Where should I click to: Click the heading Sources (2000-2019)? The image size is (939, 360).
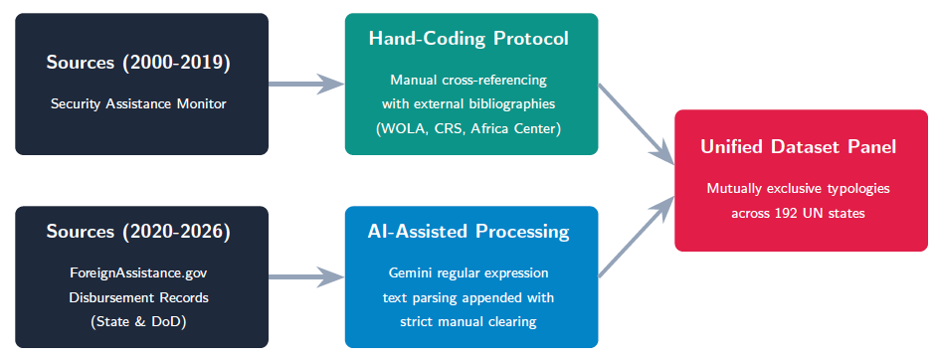(x=138, y=63)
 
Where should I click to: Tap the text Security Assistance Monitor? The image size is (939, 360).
(x=138, y=104)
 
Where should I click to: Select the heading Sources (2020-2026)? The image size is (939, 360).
(x=138, y=232)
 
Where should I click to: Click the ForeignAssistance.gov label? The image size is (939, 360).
(x=138, y=273)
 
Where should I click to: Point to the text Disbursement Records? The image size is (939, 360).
(x=138, y=297)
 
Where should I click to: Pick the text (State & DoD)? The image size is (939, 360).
(x=138, y=321)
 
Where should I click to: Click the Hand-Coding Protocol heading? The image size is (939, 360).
(x=469, y=39)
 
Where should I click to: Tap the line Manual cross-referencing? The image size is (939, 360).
(x=469, y=80)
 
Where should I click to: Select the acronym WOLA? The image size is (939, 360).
(x=401, y=129)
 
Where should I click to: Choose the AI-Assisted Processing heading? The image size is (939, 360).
(x=469, y=232)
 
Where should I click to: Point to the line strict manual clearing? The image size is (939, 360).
(x=469, y=321)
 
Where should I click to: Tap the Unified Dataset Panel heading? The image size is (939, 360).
(x=799, y=147)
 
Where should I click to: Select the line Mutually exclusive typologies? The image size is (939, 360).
(x=799, y=189)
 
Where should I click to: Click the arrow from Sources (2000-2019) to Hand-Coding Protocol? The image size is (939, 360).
(x=306, y=84)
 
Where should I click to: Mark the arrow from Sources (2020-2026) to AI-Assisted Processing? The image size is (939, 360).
(x=306, y=276)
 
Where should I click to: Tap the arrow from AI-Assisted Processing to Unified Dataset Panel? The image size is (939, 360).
(x=638, y=236)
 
